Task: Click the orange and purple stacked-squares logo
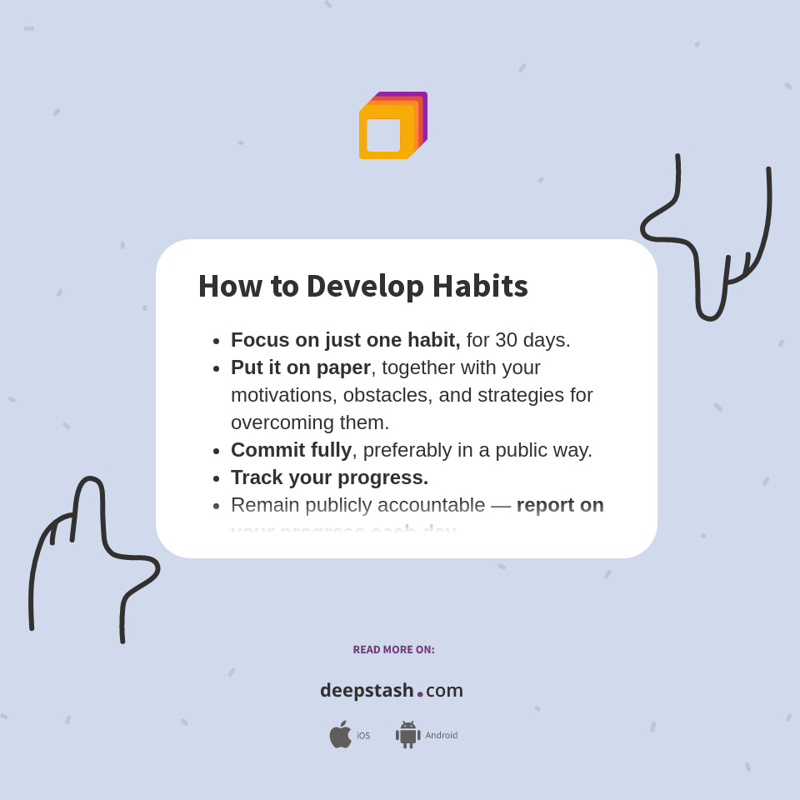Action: point(392,126)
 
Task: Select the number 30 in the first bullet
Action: point(506,340)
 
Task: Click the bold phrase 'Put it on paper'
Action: point(301,367)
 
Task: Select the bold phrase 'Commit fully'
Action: point(291,450)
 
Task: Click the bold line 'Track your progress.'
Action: point(329,477)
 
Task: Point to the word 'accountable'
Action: point(431,505)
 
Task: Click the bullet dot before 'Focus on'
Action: point(217,341)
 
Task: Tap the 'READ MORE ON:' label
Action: point(393,650)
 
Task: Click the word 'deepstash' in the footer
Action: point(367,691)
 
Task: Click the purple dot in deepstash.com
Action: point(420,694)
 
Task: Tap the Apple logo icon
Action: point(340,735)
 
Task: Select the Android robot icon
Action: point(408,735)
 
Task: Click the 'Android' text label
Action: point(442,735)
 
